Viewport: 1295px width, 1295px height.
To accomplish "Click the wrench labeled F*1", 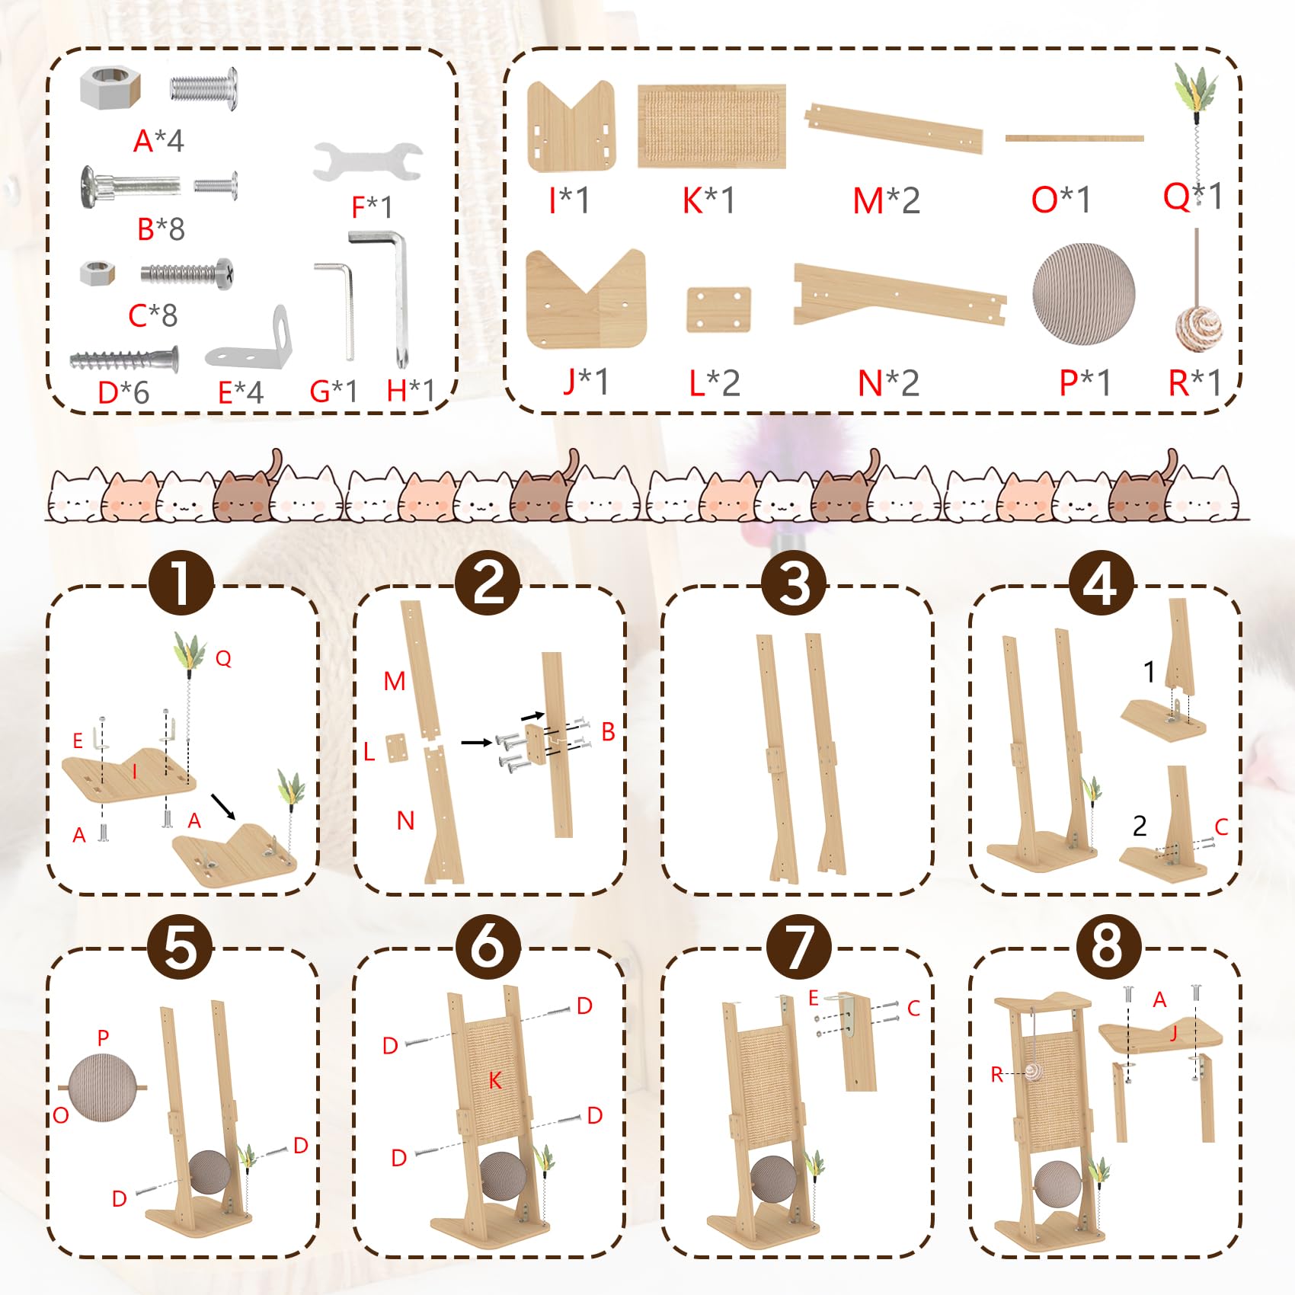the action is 367,161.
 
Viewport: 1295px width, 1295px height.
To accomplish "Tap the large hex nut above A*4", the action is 110,87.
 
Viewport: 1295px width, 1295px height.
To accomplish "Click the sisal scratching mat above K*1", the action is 711,126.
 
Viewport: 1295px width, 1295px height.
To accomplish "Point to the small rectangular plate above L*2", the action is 718,309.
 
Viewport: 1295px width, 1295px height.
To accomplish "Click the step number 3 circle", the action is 795,583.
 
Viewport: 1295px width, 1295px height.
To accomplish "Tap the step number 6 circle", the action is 488,947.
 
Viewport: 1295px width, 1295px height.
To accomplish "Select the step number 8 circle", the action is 1108,947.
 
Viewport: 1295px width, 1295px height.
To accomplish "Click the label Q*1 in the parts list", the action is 1192,197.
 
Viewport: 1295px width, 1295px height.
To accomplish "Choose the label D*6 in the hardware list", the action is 123,392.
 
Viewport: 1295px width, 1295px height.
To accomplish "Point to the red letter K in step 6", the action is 495,1080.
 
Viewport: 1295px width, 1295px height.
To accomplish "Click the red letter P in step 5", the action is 104,1038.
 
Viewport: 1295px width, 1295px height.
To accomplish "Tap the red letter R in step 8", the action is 997,1075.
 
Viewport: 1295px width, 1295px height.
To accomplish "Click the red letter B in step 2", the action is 608,731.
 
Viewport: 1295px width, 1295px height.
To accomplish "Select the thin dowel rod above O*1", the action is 1074,138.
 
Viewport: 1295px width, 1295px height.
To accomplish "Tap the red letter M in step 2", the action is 395,681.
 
